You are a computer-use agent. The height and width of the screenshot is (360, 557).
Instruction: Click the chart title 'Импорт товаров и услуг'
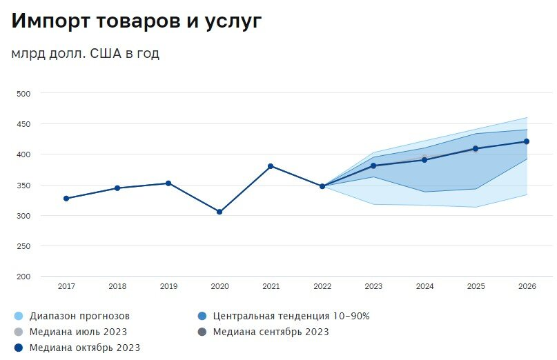click(137, 21)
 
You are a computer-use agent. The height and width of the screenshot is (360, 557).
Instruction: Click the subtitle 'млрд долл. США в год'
click(85, 54)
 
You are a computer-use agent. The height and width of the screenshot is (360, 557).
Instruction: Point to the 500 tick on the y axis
click(24, 93)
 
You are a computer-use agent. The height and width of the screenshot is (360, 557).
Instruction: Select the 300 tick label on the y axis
click(24, 216)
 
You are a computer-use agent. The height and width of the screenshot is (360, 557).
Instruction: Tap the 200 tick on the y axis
click(24, 277)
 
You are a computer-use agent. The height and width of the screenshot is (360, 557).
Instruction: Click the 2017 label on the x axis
click(66, 286)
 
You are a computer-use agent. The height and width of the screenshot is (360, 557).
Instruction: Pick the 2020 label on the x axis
click(219, 286)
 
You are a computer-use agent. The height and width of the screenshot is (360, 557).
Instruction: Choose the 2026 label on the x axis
click(527, 286)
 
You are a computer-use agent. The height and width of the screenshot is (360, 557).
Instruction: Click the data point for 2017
click(66, 199)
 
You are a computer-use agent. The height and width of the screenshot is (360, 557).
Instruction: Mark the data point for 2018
click(117, 188)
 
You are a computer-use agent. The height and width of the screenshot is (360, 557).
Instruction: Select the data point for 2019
click(168, 183)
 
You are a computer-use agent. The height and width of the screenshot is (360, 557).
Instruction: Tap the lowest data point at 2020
click(219, 212)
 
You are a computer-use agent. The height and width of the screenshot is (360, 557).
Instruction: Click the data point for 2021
click(271, 166)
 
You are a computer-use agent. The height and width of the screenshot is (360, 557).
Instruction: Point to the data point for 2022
click(322, 186)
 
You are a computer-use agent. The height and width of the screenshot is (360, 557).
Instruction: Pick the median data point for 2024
click(424, 160)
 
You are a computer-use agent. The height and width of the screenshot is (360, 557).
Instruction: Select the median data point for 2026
click(527, 141)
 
